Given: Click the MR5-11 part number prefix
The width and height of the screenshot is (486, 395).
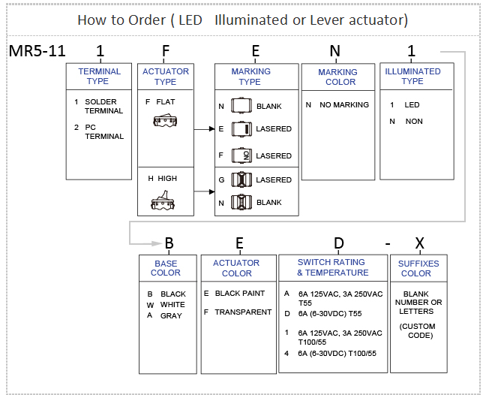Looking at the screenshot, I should pos(37,52).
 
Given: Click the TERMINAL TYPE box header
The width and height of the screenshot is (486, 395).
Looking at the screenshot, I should pos(98,76).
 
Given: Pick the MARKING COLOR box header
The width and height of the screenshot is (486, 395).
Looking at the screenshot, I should pos(337,77).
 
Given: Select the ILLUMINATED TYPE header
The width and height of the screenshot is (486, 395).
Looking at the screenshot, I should pos(412,76).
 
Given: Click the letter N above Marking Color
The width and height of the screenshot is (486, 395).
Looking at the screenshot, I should pos(334,51).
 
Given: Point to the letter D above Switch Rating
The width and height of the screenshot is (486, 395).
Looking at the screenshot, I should pos(338,243).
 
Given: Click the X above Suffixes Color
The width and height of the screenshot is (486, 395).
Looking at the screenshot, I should pos(419,243).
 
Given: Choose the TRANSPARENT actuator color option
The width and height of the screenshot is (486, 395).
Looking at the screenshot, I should pos(243,312).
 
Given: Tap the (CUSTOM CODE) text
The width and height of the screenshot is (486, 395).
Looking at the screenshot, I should pos(418,330).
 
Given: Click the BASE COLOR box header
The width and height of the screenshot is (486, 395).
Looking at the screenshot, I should pos(166,268).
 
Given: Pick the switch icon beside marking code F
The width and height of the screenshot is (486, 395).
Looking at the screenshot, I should pos(241,155).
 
